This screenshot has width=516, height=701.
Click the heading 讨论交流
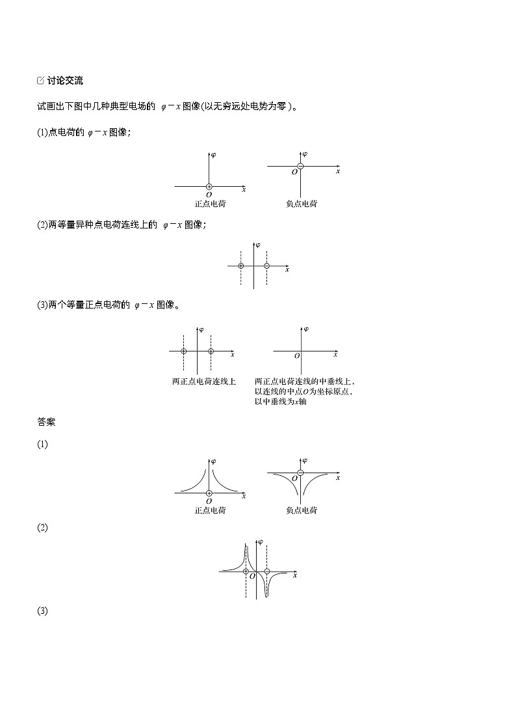(x=65, y=81)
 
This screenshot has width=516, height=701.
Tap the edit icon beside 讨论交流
(x=41, y=81)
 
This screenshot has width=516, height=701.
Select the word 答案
(x=46, y=422)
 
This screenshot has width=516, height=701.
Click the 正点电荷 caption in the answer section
(x=210, y=510)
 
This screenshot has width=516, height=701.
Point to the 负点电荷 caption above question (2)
(x=302, y=204)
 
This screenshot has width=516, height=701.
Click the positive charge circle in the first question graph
(x=209, y=187)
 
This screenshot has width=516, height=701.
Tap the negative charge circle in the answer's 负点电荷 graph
(x=300, y=472)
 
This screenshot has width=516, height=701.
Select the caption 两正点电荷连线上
(x=203, y=381)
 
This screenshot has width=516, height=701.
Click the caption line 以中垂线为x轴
(x=280, y=402)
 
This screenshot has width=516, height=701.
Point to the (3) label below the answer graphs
(x=42, y=611)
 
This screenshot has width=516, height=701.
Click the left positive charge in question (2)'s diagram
(x=241, y=266)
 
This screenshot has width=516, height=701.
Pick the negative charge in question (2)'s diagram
(x=266, y=266)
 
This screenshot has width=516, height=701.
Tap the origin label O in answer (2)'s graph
(x=252, y=577)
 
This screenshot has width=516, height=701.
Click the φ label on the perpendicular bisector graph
(x=306, y=329)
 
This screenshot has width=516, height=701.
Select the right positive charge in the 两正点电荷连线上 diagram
(x=211, y=351)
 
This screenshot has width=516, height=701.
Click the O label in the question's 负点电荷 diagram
(x=294, y=172)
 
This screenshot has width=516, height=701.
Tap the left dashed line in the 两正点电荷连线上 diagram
(x=184, y=364)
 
